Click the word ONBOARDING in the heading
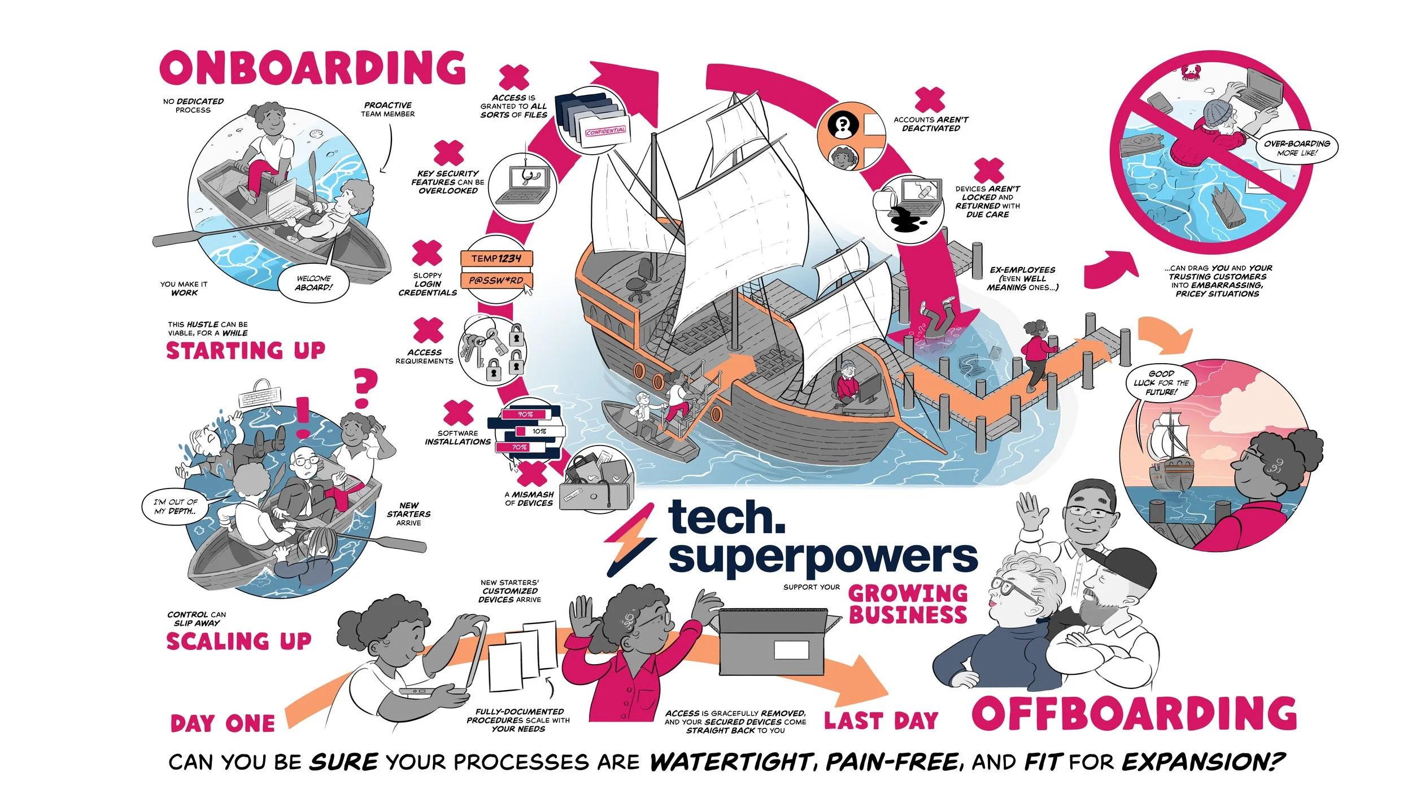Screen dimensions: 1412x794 (312, 67)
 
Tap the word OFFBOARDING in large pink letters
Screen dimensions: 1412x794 (1134, 713)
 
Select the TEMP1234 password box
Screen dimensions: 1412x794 (496, 258)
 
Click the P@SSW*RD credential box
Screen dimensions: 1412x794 (496, 280)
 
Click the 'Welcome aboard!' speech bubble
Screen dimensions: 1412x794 (313, 283)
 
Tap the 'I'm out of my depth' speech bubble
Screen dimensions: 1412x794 (176, 506)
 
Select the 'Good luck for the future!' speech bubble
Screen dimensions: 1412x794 (1161, 383)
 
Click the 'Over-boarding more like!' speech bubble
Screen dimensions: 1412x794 (1297, 148)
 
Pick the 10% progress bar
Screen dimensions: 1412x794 (539, 431)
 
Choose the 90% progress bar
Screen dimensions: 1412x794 (525, 415)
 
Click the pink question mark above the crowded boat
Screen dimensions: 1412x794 (364, 388)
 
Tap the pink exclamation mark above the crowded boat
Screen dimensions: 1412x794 (303, 417)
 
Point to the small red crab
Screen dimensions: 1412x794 (1191, 72)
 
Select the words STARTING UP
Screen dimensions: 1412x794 (245, 351)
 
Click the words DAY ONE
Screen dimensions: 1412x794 (223, 723)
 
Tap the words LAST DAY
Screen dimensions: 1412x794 (881, 721)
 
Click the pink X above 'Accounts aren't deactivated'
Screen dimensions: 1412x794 (930, 100)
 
